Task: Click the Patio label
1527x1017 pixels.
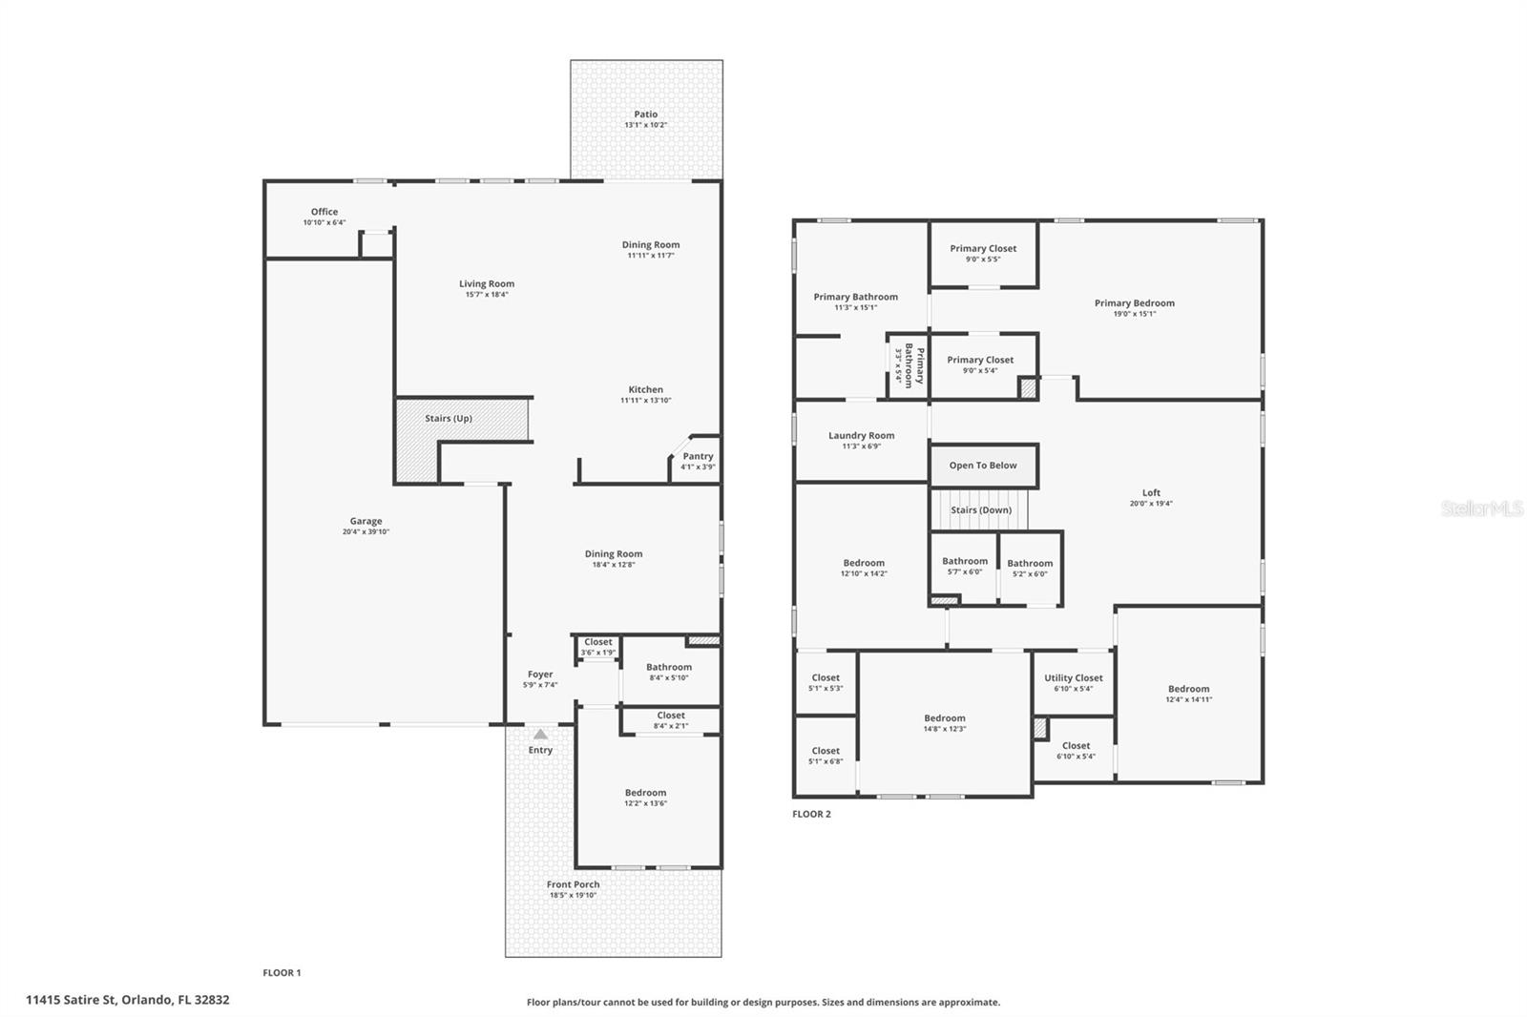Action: pos(646,114)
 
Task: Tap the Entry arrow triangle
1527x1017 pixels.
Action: pos(540,734)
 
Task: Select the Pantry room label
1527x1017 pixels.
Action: pos(698,457)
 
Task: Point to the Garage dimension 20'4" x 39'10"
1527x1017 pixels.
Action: pos(366,531)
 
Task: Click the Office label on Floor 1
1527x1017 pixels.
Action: pos(324,212)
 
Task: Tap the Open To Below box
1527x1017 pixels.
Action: pos(983,466)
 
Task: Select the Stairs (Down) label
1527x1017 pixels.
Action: pos(981,510)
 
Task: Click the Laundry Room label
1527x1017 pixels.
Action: pos(862,435)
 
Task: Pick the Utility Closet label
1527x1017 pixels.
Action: pos(1074,678)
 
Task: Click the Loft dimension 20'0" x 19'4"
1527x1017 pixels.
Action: pos(1151,504)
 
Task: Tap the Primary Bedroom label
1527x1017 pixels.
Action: pos(1135,303)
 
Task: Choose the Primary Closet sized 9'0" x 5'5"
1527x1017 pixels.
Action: pos(983,249)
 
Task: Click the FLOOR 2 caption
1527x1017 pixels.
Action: pos(811,814)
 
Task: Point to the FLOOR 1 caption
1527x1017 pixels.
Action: pos(282,973)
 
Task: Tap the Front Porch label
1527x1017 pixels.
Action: pos(574,884)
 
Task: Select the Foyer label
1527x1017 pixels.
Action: pos(540,675)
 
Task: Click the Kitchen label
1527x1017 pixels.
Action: pos(646,389)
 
